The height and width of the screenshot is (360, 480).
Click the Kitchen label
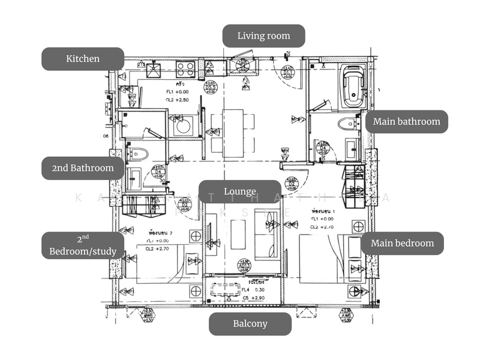[83, 59]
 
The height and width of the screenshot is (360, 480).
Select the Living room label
[263, 36]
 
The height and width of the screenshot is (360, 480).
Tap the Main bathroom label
[406, 121]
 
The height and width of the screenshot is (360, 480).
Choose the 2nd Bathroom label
[83, 168]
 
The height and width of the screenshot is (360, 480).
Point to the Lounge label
[240, 191]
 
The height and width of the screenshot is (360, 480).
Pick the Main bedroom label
[402, 243]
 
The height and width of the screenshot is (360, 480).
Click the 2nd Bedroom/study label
[83, 246]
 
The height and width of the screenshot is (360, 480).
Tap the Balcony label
[250, 323]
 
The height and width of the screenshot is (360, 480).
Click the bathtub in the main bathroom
[352, 85]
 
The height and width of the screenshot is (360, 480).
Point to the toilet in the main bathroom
[346, 124]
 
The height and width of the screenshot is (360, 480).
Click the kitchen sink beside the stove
[155, 69]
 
